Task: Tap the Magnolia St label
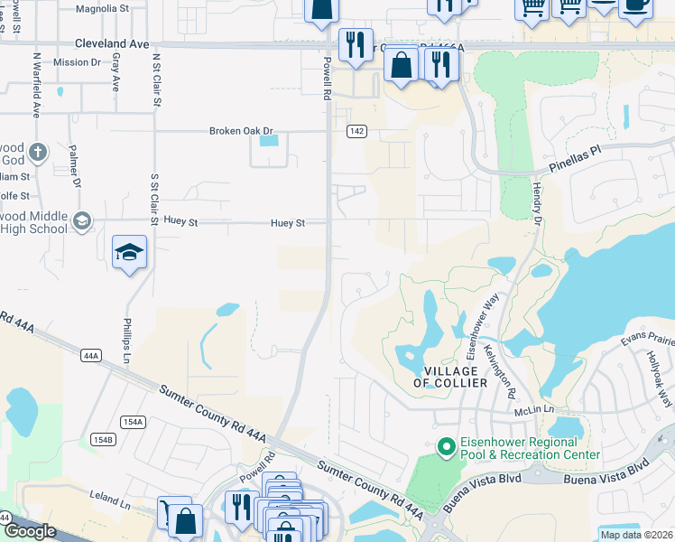click(x=103, y=8)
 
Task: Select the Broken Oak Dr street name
click(x=240, y=131)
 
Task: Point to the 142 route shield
click(x=356, y=131)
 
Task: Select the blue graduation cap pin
click(x=129, y=252)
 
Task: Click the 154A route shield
click(x=133, y=422)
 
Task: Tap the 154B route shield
click(x=103, y=439)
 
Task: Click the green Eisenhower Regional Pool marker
click(x=444, y=447)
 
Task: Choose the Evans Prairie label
click(x=647, y=340)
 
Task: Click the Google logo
click(x=30, y=531)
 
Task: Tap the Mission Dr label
click(x=77, y=62)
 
